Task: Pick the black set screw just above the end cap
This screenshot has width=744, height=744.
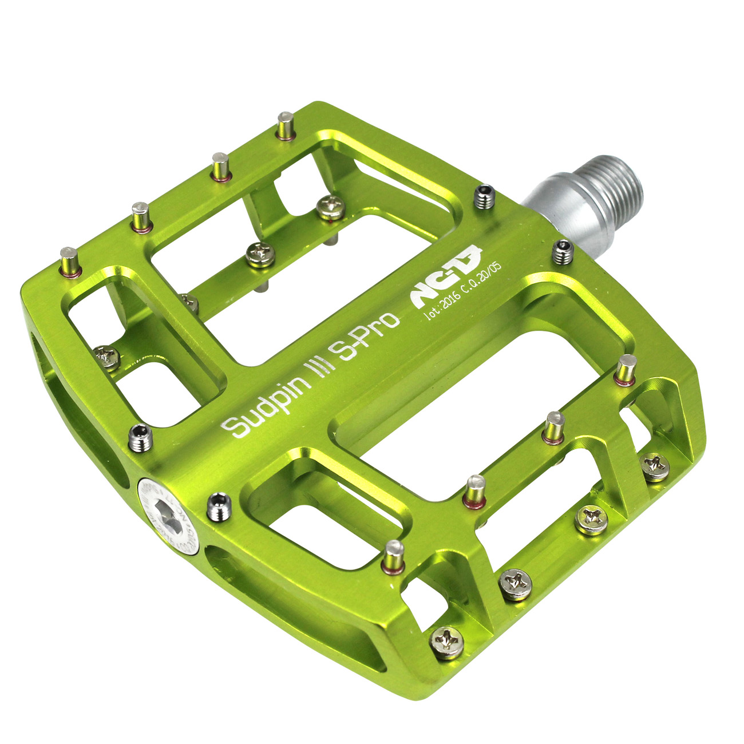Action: click(x=140, y=438)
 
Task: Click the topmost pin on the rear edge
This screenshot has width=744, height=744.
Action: click(x=285, y=125)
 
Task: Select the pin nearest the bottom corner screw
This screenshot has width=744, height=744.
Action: click(x=394, y=556)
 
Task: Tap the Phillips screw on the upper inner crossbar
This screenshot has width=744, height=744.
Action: click(x=331, y=207)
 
